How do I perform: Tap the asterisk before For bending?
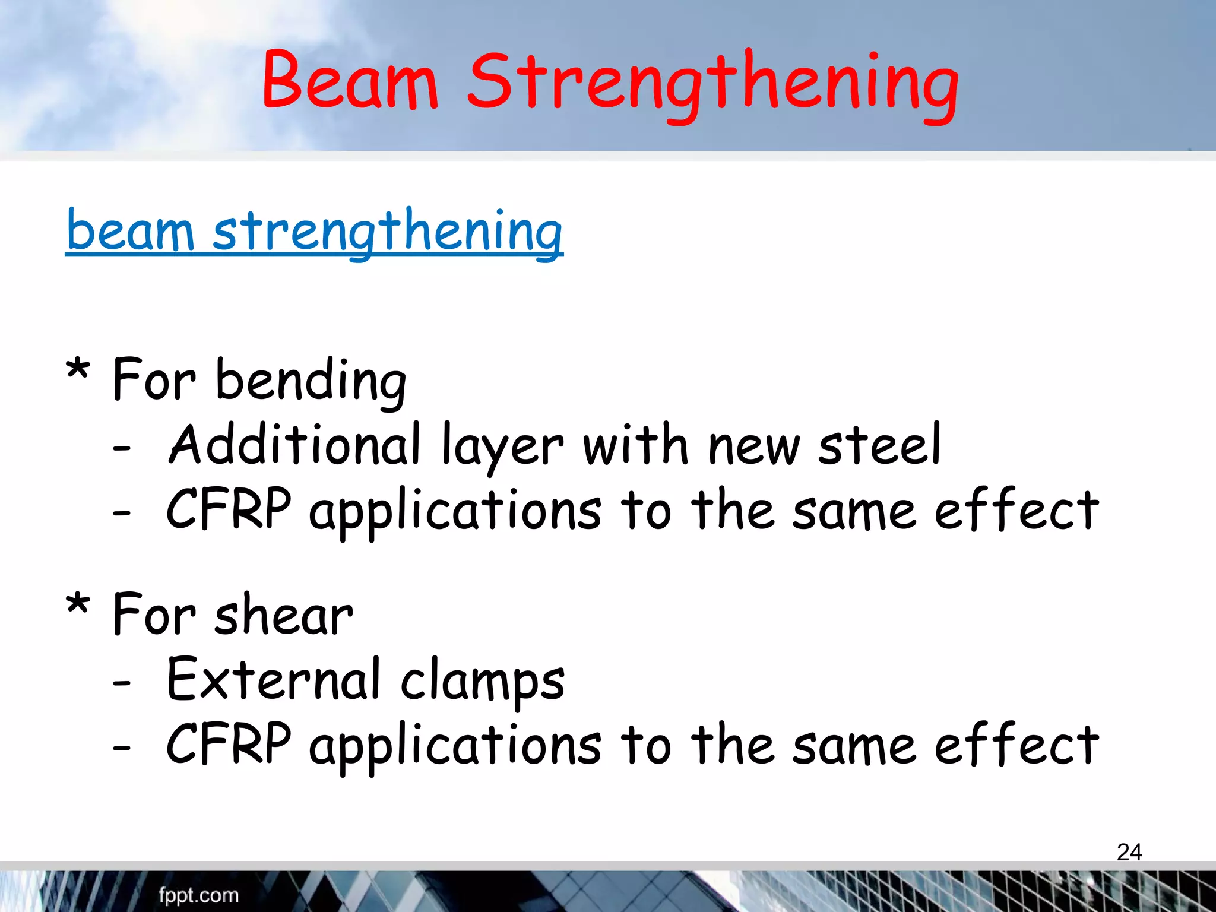point(78,372)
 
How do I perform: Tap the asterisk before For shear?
point(78,606)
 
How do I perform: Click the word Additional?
point(295,445)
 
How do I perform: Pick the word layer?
point(502,448)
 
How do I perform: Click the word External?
point(274,679)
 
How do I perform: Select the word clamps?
point(482,682)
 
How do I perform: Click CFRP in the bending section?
point(229,509)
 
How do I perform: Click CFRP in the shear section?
point(229,744)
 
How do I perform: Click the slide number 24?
point(1129,852)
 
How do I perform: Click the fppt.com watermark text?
point(198,895)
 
